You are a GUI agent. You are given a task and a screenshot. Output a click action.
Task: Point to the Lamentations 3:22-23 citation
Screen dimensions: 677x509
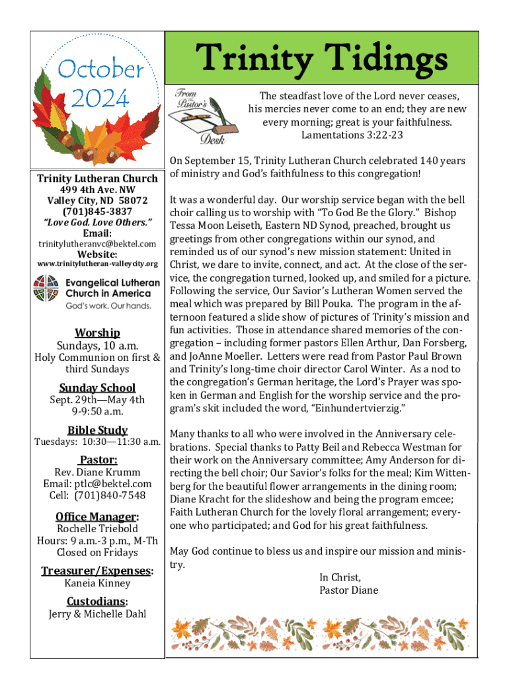coord(352,135)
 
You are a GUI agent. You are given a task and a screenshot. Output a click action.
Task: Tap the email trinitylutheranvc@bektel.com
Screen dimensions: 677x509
coord(97,244)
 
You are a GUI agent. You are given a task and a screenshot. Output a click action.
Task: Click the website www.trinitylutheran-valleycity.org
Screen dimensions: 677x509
coord(97,264)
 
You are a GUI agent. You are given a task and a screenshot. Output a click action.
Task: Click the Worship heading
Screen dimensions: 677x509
coord(97,333)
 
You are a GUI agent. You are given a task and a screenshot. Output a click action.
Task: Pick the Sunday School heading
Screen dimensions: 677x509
coord(97,388)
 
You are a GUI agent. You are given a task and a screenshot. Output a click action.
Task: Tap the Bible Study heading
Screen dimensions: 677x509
coord(97,430)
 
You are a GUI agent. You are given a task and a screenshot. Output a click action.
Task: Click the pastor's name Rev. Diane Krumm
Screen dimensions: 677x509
coord(97,472)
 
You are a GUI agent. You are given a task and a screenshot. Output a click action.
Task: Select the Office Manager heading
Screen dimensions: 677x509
coord(97,516)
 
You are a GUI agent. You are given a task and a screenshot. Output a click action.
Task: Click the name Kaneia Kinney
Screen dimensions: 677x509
coord(97,583)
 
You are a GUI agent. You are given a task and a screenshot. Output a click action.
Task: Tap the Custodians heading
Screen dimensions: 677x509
coord(97,601)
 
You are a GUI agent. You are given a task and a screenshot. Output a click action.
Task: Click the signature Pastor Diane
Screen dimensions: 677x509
coord(348,590)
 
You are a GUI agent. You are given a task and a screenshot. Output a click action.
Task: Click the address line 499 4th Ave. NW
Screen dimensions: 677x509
coord(97,189)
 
